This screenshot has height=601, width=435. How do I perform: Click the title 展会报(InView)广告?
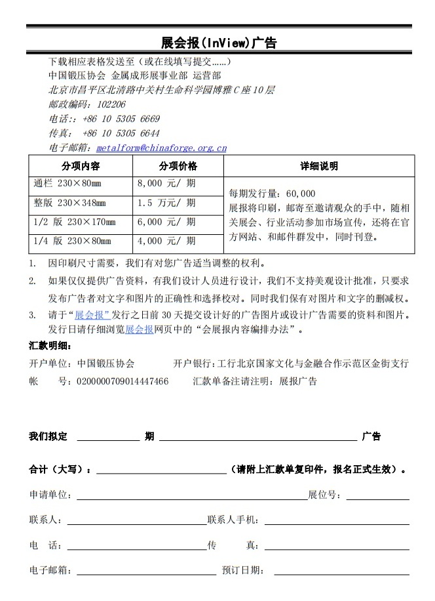click(x=219, y=43)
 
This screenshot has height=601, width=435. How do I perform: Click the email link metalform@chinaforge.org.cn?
click(x=161, y=148)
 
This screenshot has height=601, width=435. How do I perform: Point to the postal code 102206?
click(x=111, y=104)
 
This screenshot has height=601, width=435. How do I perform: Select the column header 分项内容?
click(x=81, y=166)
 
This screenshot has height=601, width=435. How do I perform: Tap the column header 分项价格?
click(x=178, y=166)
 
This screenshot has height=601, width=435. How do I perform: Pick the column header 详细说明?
click(x=319, y=166)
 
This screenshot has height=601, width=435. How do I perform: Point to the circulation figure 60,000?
click(x=301, y=194)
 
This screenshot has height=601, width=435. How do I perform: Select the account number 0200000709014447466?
click(x=123, y=381)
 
